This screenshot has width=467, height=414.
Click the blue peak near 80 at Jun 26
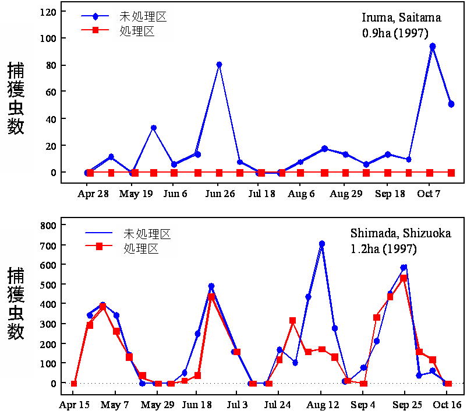[219, 65]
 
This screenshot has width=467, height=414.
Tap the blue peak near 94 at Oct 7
[432, 46]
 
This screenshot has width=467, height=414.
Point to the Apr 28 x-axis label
[93, 194]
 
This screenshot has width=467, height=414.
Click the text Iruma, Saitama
[402, 17]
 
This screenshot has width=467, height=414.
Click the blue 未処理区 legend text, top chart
[143, 16]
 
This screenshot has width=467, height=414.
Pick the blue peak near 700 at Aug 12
[321, 244]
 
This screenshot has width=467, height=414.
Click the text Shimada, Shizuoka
[400, 234]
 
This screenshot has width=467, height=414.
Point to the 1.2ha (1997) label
[384, 249]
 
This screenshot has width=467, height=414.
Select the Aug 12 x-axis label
[321, 405]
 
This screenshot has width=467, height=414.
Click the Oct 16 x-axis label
[448, 405]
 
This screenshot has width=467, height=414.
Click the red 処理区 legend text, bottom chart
[141, 248]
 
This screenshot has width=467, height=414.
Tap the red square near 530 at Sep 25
[403, 278]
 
